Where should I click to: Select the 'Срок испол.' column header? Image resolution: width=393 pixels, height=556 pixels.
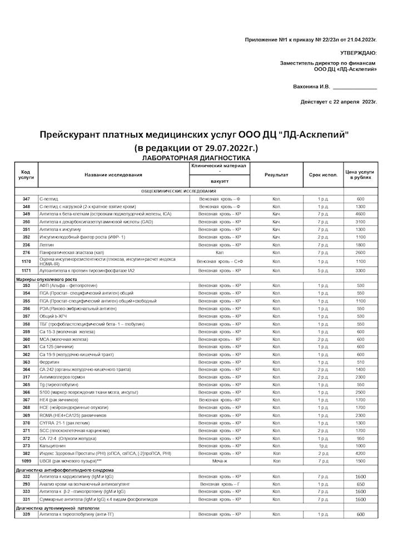(x=324, y=175)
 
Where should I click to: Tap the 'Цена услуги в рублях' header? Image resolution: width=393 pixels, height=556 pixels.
(x=360, y=175)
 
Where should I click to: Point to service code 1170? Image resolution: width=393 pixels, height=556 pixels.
(x=26, y=261)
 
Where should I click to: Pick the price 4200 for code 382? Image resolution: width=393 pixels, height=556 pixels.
(x=360, y=454)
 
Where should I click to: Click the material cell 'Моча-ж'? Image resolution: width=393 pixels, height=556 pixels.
(x=220, y=461)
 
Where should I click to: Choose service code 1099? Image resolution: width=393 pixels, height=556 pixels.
(x=26, y=461)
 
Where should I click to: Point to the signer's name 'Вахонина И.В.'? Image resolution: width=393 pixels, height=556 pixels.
(x=311, y=87)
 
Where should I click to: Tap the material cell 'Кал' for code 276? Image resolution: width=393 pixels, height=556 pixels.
(x=220, y=252)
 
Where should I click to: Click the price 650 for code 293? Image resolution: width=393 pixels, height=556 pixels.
(x=360, y=484)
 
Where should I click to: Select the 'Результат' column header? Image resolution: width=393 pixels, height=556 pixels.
(x=276, y=175)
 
